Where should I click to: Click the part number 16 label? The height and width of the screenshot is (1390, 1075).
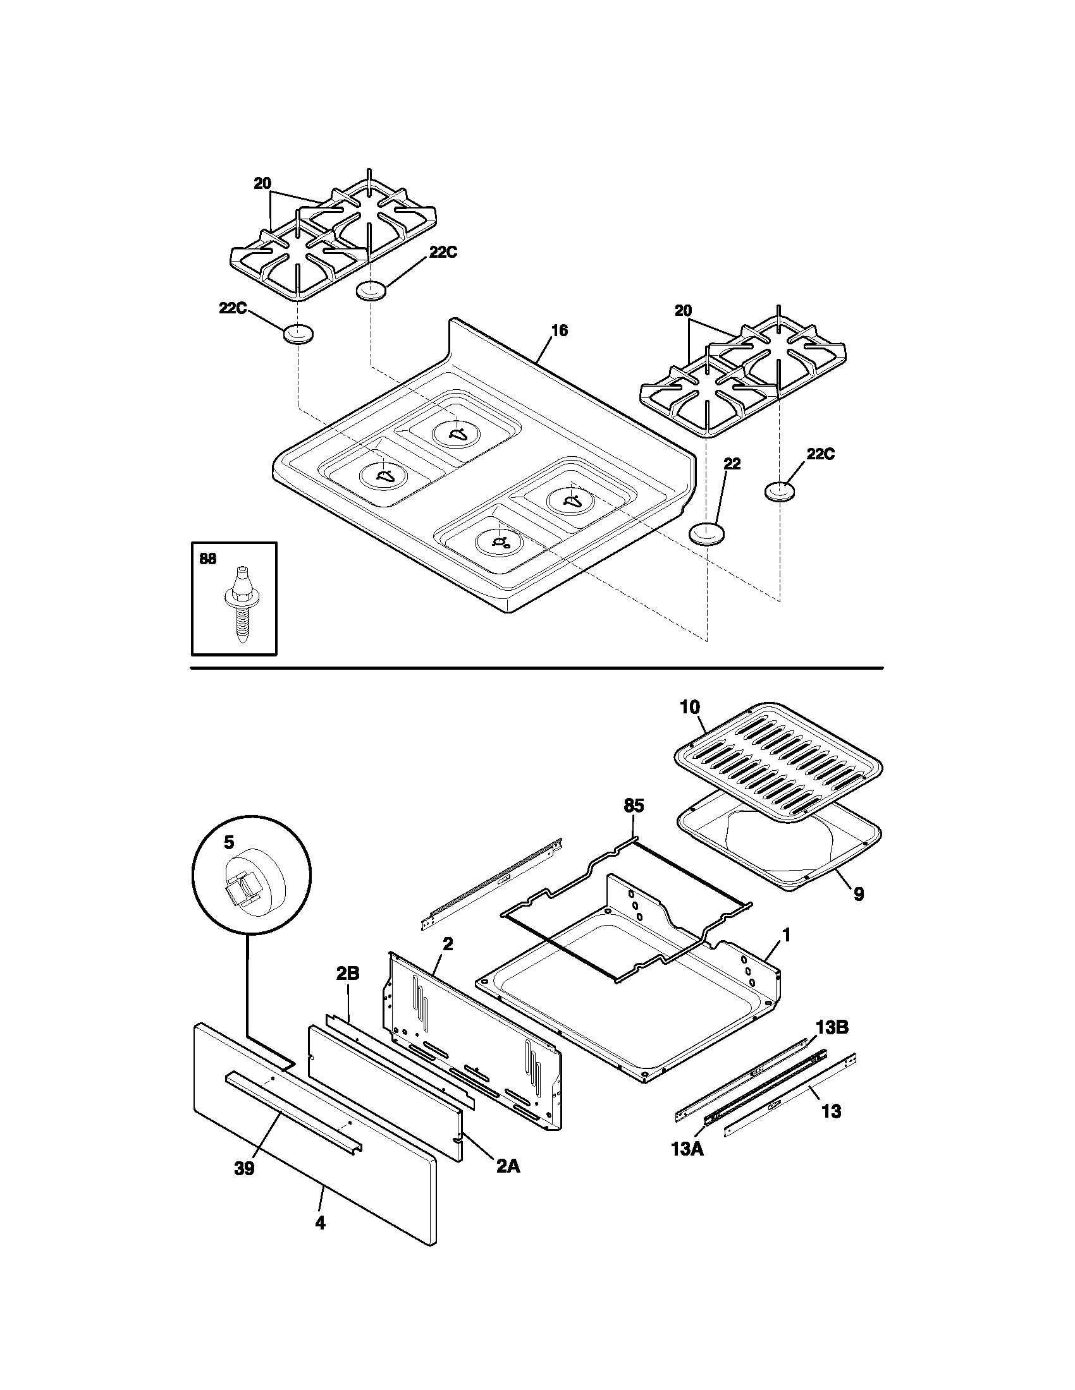coord(560,330)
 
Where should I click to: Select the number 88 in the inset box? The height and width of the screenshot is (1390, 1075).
coord(207,559)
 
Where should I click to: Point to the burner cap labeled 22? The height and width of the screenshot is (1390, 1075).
coord(708,533)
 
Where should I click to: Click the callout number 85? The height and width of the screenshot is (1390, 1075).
coord(634,806)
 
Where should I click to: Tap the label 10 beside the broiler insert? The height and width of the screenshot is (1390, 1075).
coord(690,706)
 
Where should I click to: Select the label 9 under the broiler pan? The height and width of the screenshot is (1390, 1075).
coord(859,894)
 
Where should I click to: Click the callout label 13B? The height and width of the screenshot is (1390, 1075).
coord(832,1028)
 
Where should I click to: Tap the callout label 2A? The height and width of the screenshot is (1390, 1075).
coord(508,1166)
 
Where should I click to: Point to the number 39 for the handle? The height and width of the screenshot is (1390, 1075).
coord(244,1168)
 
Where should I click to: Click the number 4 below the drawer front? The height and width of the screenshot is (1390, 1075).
coord(321,1223)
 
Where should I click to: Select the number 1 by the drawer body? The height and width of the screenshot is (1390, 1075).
coord(787,935)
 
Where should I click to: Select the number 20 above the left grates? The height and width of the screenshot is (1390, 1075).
coord(262,184)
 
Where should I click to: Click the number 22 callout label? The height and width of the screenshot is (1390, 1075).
coord(732,463)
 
